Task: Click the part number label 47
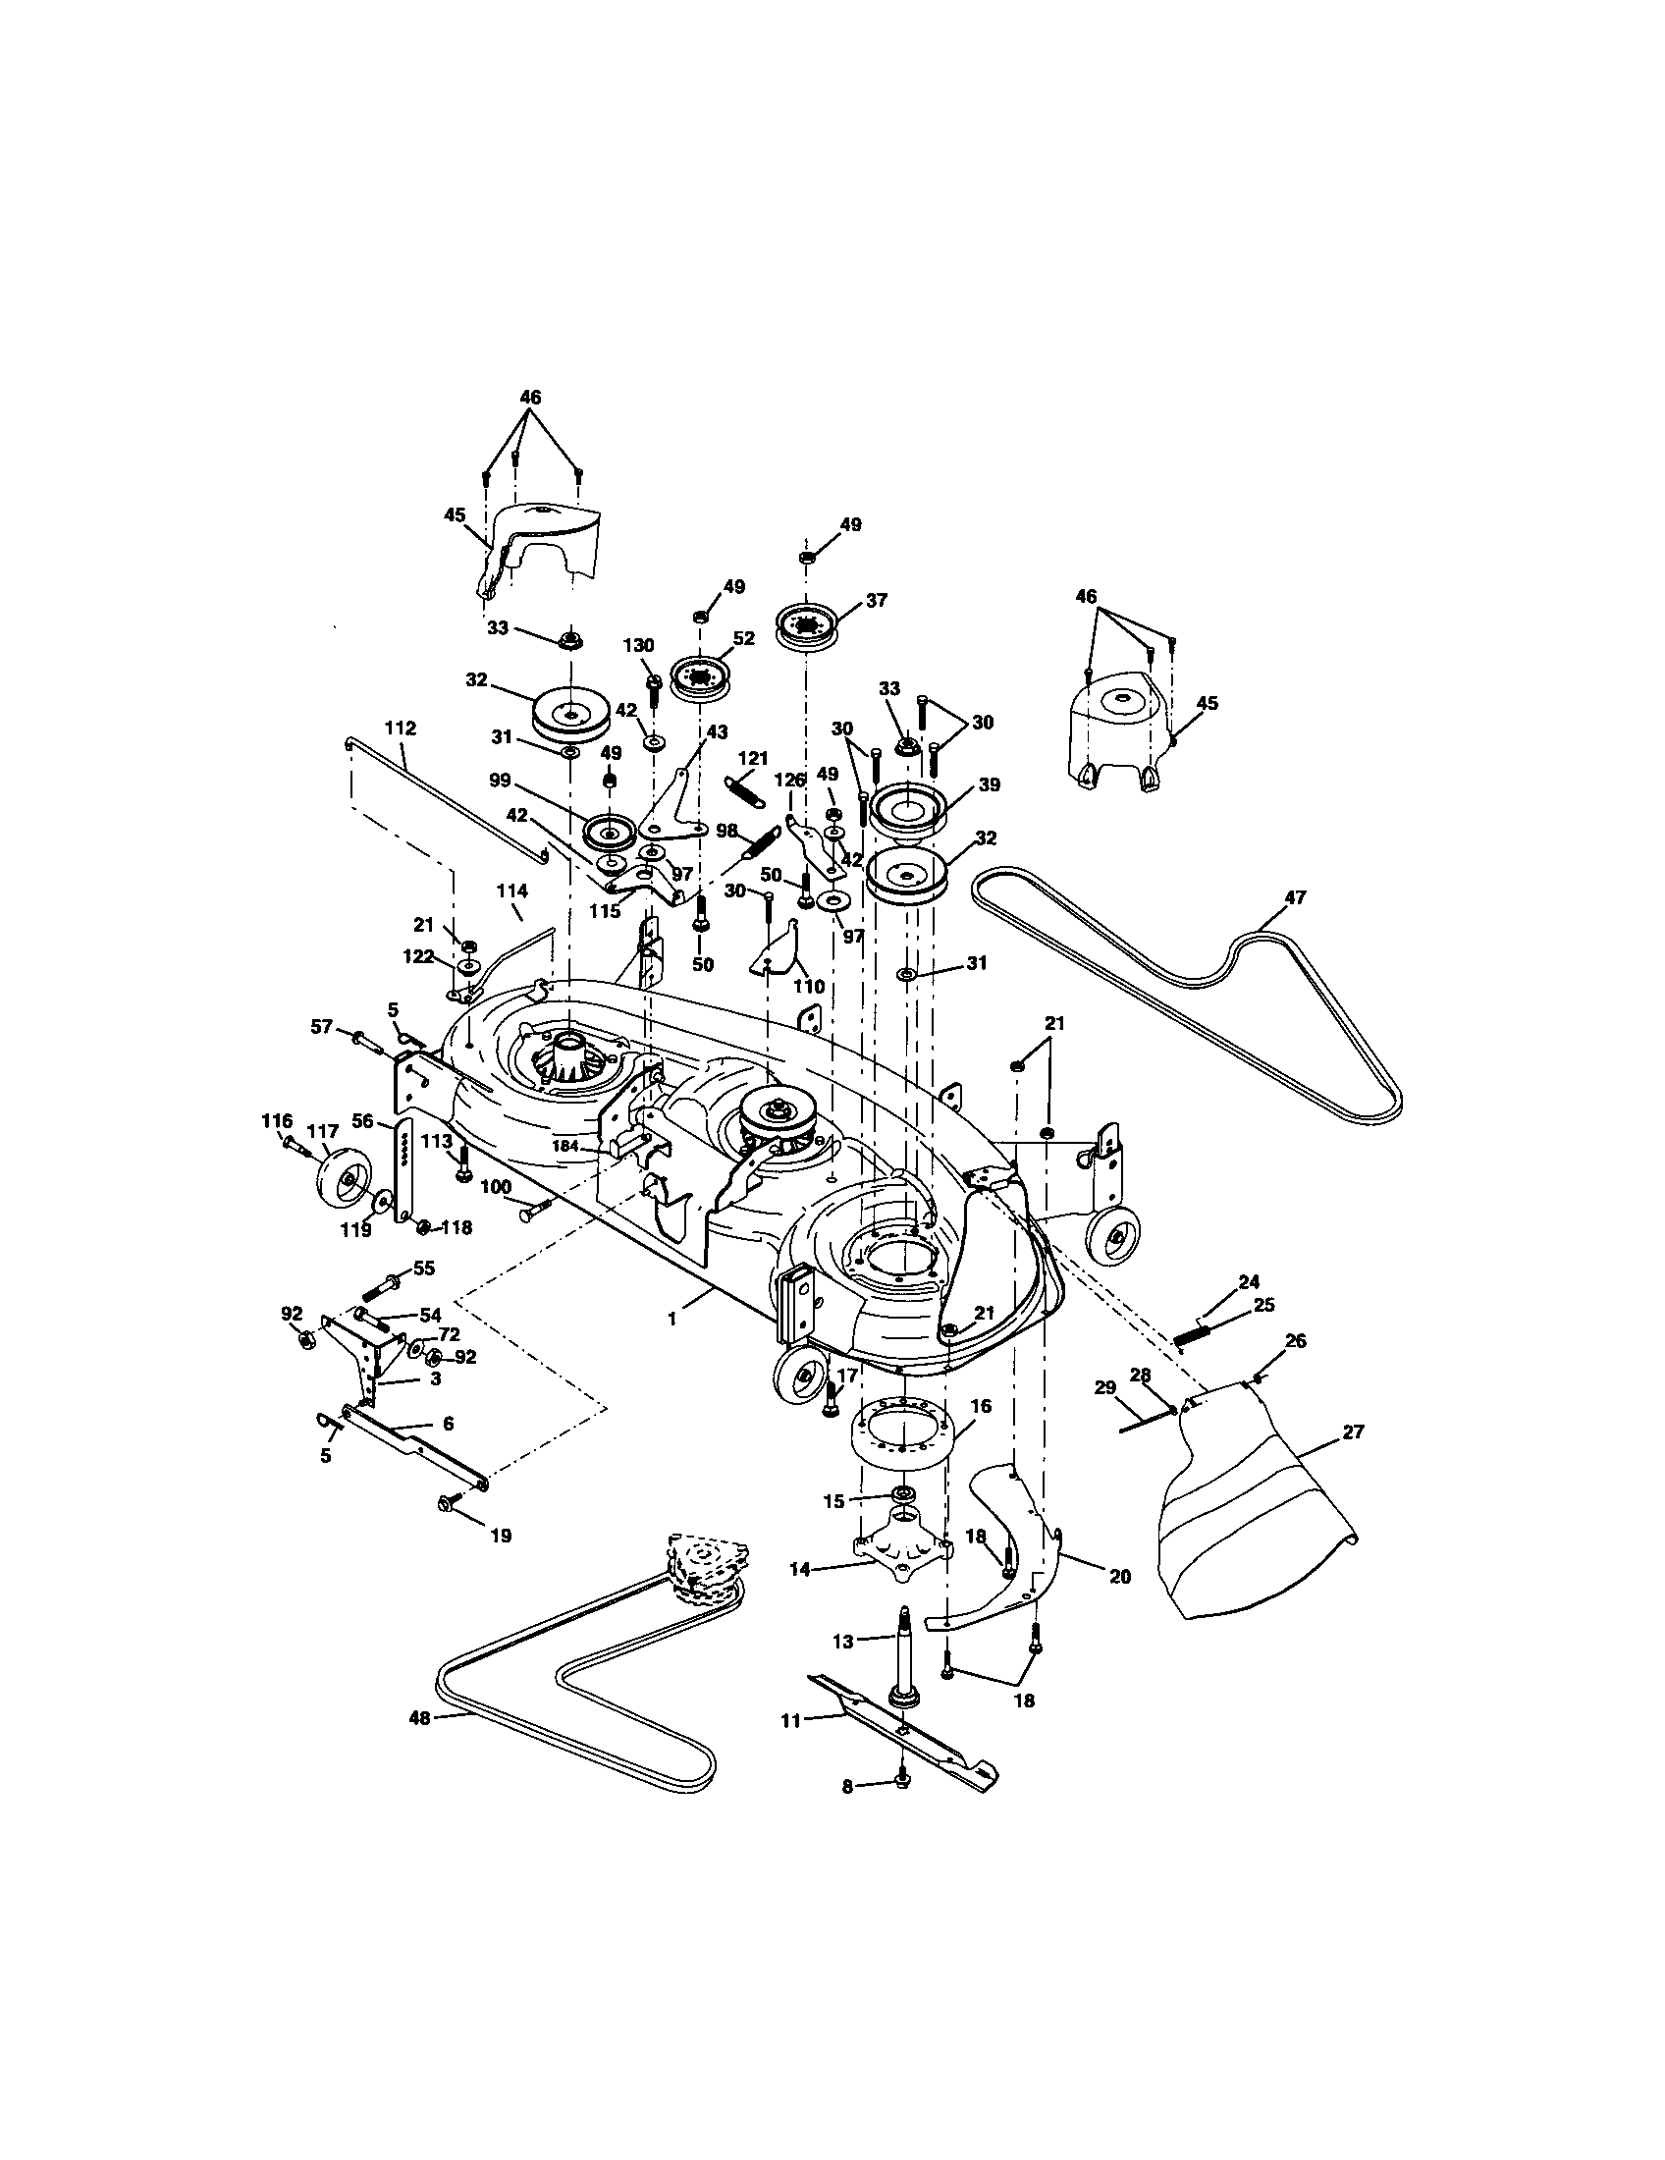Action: pyautogui.click(x=1294, y=897)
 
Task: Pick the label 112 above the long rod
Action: pyautogui.click(x=401, y=728)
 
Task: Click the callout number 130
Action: pyautogui.click(x=639, y=645)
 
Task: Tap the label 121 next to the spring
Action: pyautogui.click(x=753, y=758)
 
